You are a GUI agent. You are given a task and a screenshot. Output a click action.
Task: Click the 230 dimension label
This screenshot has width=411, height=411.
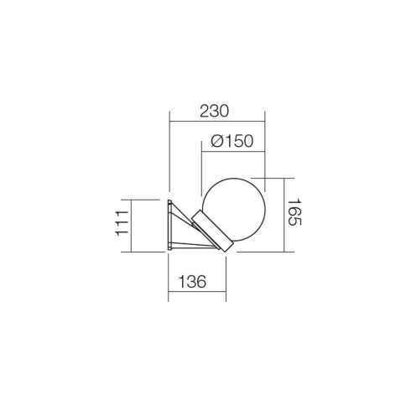point(214,111)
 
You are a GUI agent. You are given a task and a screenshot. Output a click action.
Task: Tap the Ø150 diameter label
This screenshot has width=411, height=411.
point(232,141)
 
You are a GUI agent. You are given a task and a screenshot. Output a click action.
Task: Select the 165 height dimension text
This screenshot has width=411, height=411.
point(294,212)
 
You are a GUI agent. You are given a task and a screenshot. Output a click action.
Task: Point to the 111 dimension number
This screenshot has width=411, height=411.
point(122,223)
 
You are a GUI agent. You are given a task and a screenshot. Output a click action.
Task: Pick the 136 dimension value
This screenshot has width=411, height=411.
point(192,282)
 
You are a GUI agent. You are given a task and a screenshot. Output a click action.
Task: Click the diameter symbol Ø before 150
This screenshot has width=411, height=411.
point(216,141)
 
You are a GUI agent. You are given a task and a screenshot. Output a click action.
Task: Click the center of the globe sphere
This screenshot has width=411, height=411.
point(234,210)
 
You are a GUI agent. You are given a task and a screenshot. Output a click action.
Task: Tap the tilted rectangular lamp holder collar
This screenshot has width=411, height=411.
point(212,231)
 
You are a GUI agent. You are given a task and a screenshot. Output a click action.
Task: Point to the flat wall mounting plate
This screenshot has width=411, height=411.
point(169,225)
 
